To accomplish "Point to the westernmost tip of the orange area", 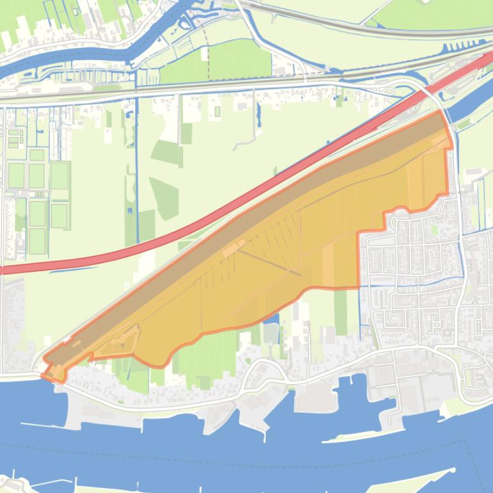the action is (42, 375).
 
